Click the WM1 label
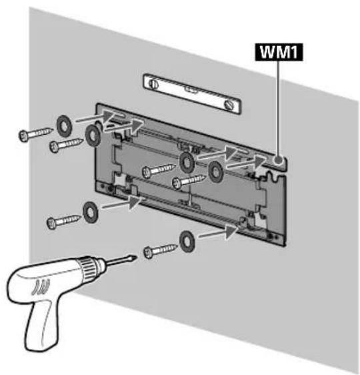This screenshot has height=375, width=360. click(x=279, y=52)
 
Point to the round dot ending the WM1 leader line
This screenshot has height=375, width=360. click(x=279, y=160)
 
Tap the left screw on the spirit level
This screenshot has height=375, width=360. click(x=154, y=84)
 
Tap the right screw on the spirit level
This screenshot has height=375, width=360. click(x=229, y=105)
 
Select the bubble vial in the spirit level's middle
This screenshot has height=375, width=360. click(x=191, y=89)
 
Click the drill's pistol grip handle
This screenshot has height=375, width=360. click(x=39, y=325)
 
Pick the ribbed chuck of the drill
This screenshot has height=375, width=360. click(x=89, y=268)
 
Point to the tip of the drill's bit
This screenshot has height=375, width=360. click(x=137, y=258)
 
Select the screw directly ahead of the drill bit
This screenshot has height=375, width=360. click(x=161, y=250)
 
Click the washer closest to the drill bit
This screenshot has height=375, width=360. click(x=187, y=242)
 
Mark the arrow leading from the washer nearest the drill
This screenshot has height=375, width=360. click(x=218, y=233)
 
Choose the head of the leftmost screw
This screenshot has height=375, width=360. click(x=24, y=135)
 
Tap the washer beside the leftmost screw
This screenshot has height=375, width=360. click(x=64, y=126)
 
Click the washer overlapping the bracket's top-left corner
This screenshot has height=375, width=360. click(x=93, y=135)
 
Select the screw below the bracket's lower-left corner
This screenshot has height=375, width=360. click(x=64, y=222)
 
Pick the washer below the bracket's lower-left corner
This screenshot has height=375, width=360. click(x=90, y=212)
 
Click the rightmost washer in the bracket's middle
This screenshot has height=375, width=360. click(x=216, y=171)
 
